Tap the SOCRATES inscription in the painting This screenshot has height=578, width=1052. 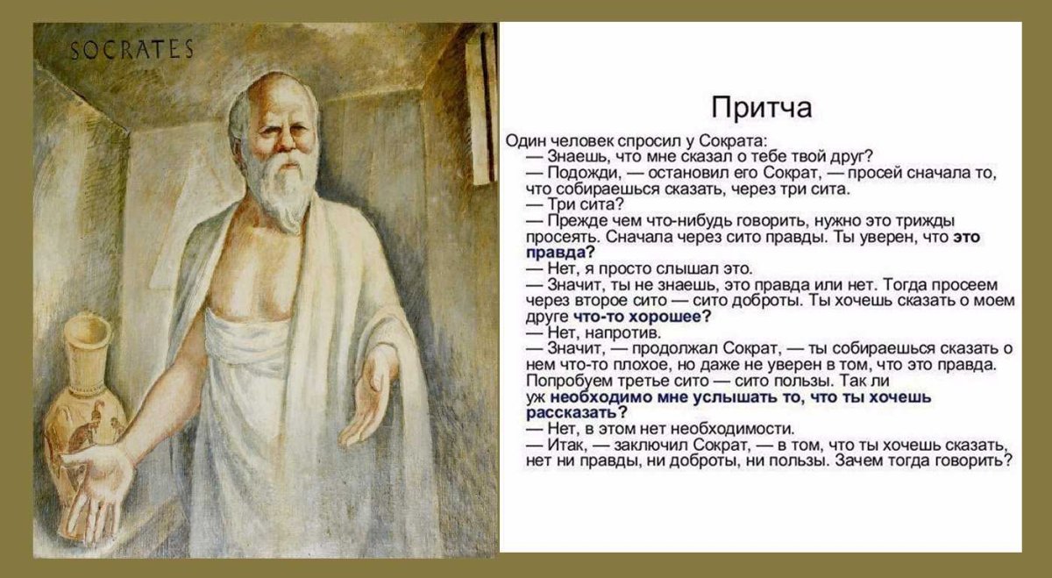(131, 50)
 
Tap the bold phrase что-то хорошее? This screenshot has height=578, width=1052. (641, 317)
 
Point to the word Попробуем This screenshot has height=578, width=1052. (560, 381)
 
